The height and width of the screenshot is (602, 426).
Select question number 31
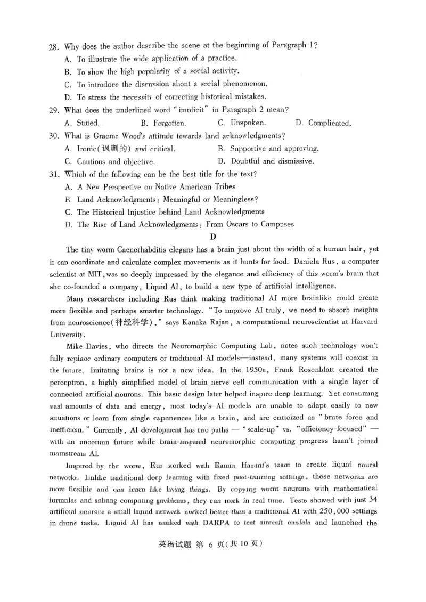pyautogui.click(x=54, y=174)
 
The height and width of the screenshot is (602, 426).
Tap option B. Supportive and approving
pyautogui.click(x=268, y=149)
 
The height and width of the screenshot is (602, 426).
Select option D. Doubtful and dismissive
pyautogui.click(x=266, y=161)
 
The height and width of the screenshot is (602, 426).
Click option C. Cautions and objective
pyautogui.click(x=110, y=161)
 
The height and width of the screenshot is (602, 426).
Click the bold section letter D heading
pyautogui.click(x=213, y=237)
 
